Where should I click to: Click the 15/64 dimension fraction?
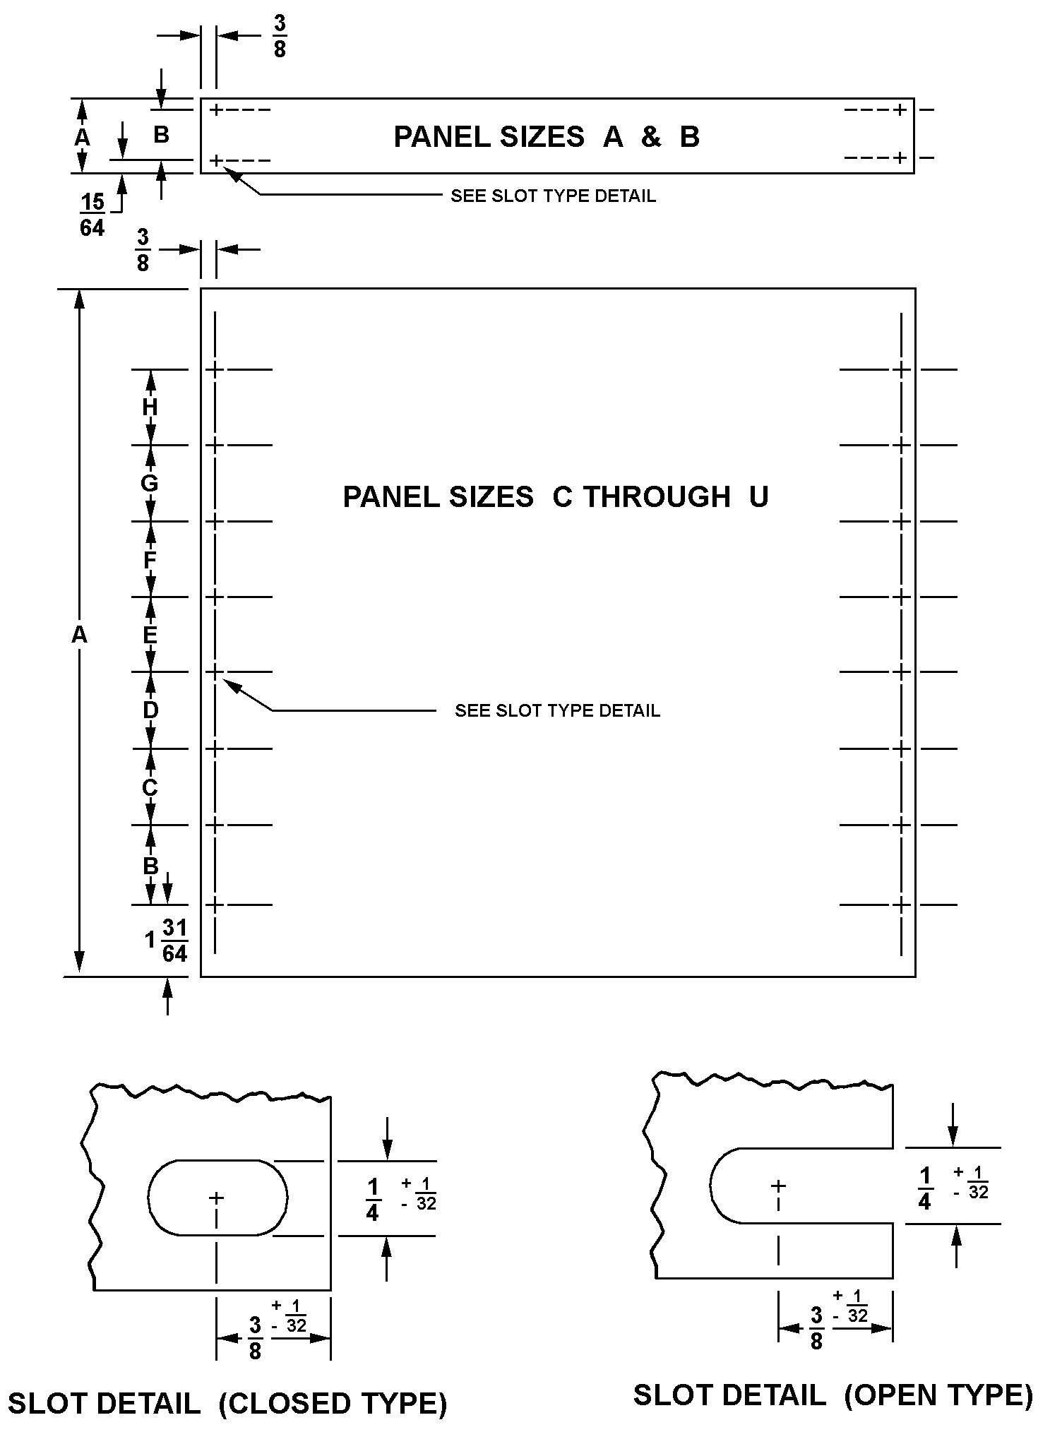(x=92, y=215)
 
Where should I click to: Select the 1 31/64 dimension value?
(x=167, y=941)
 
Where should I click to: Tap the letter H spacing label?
(x=150, y=407)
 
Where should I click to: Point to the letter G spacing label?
(x=150, y=484)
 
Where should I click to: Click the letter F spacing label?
(x=150, y=560)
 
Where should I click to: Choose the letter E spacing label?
(x=150, y=636)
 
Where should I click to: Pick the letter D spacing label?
(x=150, y=710)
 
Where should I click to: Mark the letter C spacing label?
(x=150, y=787)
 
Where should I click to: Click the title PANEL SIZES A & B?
(x=546, y=137)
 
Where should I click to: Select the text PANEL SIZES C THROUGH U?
(x=555, y=497)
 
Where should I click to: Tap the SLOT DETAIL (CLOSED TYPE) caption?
(x=227, y=1404)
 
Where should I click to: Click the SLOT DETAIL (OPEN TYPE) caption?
(x=833, y=1395)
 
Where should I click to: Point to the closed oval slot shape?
(x=217, y=1198)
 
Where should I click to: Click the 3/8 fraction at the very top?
(x=280, y=36)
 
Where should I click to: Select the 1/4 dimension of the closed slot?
(x=373, y=1199)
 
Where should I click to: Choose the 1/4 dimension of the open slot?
(x=925, y=1188)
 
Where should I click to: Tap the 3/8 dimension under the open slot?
(x=816, y=1328)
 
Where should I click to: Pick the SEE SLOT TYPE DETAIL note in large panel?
(x=557, y=710)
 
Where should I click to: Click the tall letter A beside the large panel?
(x=79, y=636)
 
